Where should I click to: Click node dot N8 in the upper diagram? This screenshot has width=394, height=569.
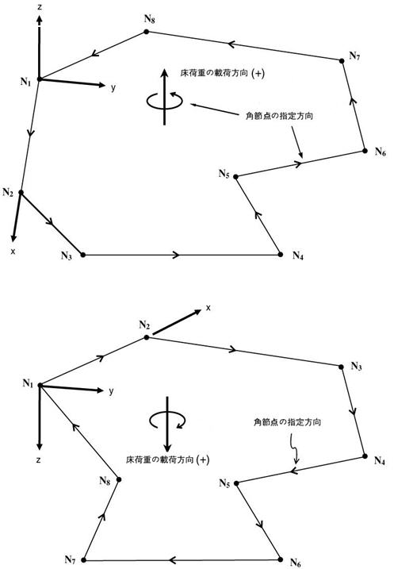(147, 32)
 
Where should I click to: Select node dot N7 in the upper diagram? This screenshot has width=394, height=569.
(342, 60)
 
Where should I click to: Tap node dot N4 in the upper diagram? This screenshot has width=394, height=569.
(280, 254)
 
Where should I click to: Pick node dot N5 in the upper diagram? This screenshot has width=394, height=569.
(235, 177)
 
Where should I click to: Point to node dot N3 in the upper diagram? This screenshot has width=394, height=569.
(82, 255)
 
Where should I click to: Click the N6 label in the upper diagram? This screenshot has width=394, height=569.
(381, 152)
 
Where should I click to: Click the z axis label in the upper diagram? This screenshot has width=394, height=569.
(40, 6)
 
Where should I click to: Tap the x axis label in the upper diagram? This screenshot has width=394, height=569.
(13, 251)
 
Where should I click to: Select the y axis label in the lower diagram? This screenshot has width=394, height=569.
(111, 391)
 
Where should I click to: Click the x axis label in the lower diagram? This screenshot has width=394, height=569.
(208, 308)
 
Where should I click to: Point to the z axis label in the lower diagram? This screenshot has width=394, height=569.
(38, 459)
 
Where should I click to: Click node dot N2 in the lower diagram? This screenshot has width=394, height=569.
(147, 337)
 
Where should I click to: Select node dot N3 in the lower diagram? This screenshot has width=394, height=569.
(341, 367)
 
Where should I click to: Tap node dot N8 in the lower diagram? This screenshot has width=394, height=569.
(119, 479)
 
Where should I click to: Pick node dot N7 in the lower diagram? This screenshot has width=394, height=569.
(83, 560)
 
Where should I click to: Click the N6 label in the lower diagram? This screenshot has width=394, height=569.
(296, 563)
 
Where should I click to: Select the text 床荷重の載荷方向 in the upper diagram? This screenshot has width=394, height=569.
(214, 73)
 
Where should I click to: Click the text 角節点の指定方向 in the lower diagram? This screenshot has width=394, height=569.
(287, 422)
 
